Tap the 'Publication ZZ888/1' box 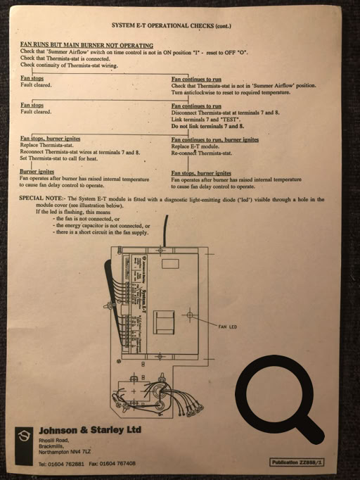click(297, 462)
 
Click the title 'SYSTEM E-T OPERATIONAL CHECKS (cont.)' click(172, 26)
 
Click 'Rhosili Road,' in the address click(53, 439)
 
